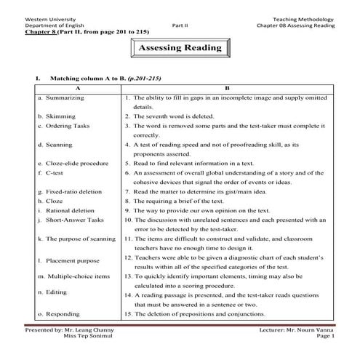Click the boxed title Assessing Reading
180,48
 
